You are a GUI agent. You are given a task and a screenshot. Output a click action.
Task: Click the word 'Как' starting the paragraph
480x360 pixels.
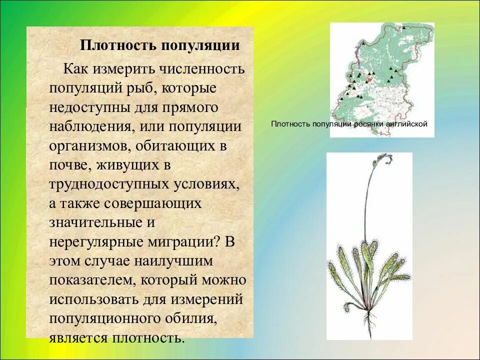[76, 68]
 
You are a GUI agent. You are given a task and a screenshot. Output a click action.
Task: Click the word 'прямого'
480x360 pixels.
[191, 107]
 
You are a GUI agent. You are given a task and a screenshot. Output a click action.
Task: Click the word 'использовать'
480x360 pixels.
[98, 299]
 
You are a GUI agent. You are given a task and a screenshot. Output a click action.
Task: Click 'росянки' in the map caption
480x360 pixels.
[370, 124]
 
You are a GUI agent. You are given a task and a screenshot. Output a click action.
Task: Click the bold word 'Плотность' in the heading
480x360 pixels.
[117, 46]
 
